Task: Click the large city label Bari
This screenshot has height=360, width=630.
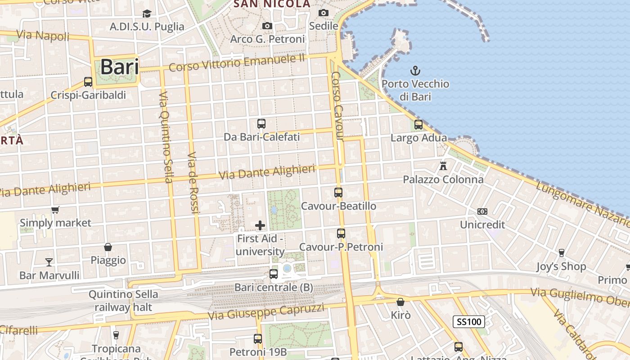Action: (119, 67)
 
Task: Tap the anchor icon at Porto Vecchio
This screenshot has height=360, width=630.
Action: (415, 71)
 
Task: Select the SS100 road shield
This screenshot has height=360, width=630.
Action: (468, 321)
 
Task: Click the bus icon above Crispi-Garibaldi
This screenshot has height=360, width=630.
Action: (88, 82)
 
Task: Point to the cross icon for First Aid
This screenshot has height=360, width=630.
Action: (260, 225)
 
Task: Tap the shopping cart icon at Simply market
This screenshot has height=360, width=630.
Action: (55, 210)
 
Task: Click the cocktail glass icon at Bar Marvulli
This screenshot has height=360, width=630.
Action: (49, 262)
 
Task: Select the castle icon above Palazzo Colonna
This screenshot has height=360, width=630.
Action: (443, 166)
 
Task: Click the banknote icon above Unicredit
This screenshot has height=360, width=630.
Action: (482, 211)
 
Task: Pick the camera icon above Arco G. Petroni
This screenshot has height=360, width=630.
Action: (267, 26)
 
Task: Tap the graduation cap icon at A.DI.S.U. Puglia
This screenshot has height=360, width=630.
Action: (147, 14)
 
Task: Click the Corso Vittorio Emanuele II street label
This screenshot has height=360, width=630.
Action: (237, 63)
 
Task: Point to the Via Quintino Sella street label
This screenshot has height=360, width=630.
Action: (166, 137)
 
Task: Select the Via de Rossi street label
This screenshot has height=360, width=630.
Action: (193, 182)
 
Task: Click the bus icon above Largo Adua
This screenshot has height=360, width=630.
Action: (418, 125)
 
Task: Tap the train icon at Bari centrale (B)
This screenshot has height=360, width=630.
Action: (273, 274)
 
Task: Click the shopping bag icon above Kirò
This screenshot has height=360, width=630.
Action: (400, 302)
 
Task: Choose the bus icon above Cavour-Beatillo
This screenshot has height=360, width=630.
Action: (338, 193)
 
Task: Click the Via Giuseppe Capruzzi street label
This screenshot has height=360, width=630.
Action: (266, 311)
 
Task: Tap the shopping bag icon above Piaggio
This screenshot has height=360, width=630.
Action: (108, 247)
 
